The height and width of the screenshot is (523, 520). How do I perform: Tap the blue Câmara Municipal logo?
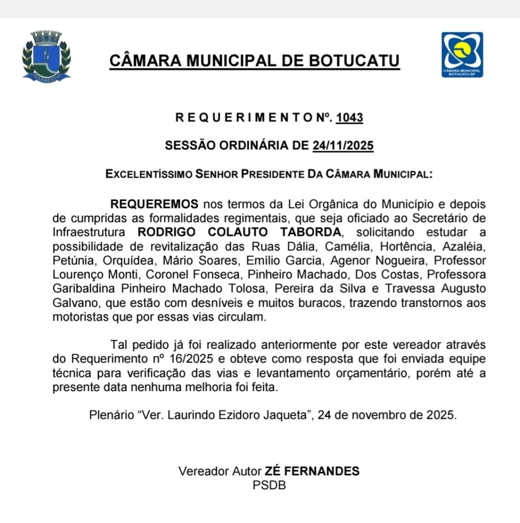tap(462, 55)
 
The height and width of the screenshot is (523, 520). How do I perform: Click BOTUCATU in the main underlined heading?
tap(354, 62)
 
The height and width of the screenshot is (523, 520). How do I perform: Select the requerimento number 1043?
tap(350, 118)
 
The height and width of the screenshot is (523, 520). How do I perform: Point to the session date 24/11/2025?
tap(343, 146)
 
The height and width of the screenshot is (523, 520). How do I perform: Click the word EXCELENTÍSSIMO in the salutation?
tap(148, 174)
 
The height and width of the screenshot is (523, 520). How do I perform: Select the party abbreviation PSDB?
tap(269, 485)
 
